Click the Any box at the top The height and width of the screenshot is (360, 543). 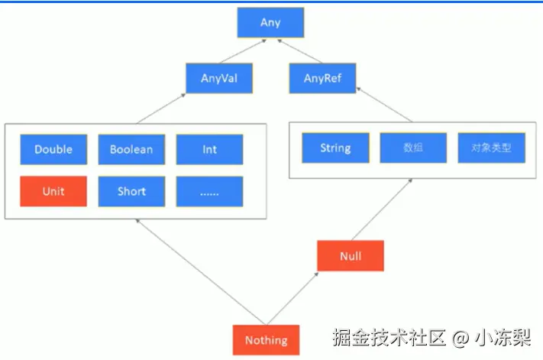click(270, 22)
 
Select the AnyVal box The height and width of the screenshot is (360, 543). click(218, 78)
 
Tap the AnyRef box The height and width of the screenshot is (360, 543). click(322, 78)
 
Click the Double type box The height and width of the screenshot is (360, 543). click(53, 150)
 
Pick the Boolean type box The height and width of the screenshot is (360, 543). click(131, 150)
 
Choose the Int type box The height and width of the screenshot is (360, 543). click(209, 150)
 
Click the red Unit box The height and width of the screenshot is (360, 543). click(53, 191)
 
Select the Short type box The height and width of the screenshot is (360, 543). click(131, 191)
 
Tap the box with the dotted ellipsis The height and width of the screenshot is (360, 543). click(209, 191)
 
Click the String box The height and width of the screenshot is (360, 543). click(335, 148)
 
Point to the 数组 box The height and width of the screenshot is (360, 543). click(413, 148)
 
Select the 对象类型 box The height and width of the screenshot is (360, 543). click(491, 148)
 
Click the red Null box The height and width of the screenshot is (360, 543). click(350, 256)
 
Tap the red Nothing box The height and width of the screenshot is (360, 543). click(266, 340)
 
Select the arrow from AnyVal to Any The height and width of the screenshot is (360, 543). click(244, 50)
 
